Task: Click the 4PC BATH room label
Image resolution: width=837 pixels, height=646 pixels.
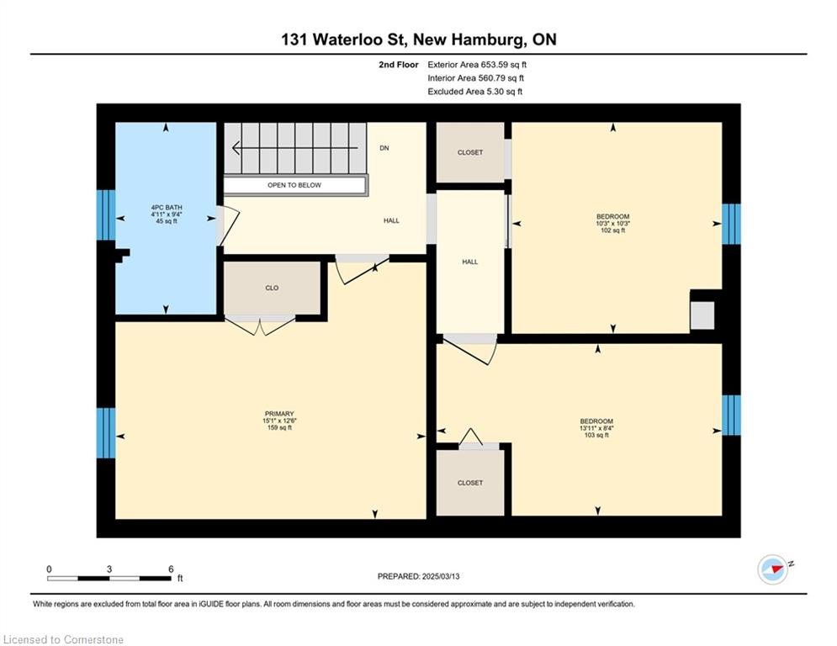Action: click(x=166, y=207)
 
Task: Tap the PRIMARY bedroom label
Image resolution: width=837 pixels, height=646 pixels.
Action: click(x=279, y=414)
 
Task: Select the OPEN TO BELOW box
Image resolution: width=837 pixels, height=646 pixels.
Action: click(x=294, y=185)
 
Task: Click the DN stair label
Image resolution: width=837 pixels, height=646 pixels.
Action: click(x=384, y=148)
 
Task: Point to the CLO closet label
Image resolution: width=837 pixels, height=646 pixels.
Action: click(x=272, y=288)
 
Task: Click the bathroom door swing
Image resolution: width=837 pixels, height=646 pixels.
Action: click(x=229, y=225)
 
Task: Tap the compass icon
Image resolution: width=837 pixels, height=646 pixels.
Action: click(x=773, y=569)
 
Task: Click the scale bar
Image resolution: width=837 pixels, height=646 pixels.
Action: click(x=109, y=578)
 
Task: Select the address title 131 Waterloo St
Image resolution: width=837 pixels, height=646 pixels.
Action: click(x=345, y=39)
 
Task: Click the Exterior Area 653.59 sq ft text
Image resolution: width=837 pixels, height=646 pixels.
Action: click(x=477, y=65)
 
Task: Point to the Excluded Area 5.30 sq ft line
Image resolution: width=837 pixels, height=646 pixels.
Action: click(x=474, y=92)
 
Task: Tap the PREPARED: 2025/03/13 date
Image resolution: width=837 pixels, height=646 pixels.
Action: click(x=419, y=576)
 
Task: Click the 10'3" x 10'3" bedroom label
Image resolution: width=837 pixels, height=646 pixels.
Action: click(x=612, y=224)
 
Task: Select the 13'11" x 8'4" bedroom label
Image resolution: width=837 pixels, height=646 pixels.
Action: click(x=596, y=428)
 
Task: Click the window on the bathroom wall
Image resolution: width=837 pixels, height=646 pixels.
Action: click(x=106, y=215)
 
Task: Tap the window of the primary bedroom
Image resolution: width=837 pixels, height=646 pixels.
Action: click(x=106, y=433)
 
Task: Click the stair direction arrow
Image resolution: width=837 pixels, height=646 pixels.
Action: click(x=294, y=148)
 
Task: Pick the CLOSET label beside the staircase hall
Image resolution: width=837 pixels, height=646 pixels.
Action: click(x=469, y=153)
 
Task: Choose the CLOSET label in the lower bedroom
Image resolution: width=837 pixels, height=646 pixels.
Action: click(x=469, y=483)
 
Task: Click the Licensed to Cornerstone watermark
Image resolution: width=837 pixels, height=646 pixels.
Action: click(x=63, y=639)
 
